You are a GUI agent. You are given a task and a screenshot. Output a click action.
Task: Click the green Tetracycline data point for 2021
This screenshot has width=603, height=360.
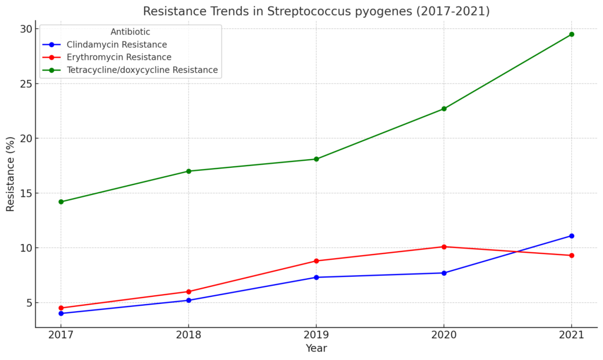click(571, 34)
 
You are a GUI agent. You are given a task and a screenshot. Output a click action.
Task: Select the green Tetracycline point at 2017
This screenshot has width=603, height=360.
click(61, 202)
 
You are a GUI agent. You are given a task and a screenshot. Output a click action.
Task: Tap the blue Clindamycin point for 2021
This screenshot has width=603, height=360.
click(571, 236)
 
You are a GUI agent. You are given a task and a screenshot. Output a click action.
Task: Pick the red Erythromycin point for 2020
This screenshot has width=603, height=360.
click(443, 247)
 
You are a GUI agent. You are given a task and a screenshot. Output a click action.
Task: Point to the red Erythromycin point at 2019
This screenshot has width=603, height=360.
click(316, 261)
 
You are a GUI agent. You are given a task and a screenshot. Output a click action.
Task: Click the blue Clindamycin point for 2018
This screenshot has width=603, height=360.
click(188, 300)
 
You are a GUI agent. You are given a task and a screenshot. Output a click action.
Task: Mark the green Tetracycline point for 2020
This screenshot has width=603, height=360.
click(443, 108)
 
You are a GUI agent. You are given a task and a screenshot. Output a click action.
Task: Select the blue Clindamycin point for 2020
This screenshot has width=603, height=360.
click(443, 273)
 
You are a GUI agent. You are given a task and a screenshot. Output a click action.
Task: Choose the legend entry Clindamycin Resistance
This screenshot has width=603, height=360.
click(117, 45)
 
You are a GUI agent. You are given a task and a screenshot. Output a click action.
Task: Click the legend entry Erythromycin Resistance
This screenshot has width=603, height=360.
click(119, 57)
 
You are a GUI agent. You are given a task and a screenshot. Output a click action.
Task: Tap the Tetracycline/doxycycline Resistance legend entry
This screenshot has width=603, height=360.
click(142, 70)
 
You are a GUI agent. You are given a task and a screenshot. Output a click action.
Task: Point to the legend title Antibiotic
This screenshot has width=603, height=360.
click(130, 32)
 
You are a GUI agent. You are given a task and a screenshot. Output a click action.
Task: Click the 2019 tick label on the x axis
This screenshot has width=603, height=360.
click(316, 335)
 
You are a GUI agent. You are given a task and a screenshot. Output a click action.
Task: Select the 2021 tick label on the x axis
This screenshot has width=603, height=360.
click(571, 335)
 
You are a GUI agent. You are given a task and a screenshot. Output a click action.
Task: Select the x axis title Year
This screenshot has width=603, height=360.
click(316, 348)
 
